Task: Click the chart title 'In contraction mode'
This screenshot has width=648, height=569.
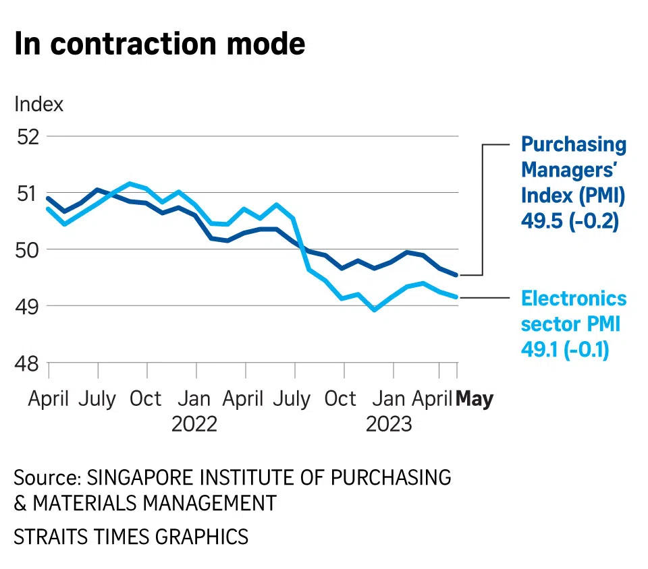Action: tap(160, 44)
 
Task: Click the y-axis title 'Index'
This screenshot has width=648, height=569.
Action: tap(39, 104)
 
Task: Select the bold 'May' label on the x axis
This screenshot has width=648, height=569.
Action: tap(475, 398)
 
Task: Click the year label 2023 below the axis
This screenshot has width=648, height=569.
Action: tap(388, 424)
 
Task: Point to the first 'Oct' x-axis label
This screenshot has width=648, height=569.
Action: tap(145, 398)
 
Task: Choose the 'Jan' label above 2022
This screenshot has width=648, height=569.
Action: tap(195, 398)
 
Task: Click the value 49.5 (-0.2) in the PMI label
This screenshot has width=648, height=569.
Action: tap(570, 222)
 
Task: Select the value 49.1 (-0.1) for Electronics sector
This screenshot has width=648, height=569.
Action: tap(565, 350)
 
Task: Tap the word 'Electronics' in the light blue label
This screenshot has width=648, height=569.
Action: tap(574, 299)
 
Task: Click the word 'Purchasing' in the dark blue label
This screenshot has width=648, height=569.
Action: tap(574, 144)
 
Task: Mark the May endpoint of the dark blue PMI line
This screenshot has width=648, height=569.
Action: tap(457, 274)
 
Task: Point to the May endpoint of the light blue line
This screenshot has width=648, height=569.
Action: tap(457, 297)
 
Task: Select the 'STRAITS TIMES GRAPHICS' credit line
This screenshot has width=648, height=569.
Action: tap(131, 537)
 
